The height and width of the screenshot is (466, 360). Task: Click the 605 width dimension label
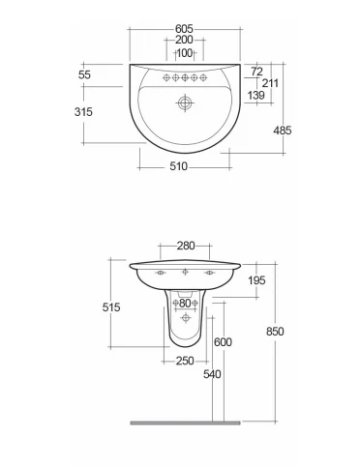184,29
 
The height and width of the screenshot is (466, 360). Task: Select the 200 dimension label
184,40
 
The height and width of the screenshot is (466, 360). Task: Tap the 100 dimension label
185,53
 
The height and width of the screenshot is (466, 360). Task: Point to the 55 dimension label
84,74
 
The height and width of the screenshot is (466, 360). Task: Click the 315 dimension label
83,112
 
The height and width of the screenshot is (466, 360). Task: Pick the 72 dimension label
256,72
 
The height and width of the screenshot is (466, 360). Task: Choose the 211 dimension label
270,83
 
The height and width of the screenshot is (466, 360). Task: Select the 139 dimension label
256,95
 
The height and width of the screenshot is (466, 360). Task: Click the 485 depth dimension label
283,131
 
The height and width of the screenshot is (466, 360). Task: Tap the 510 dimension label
178,166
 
